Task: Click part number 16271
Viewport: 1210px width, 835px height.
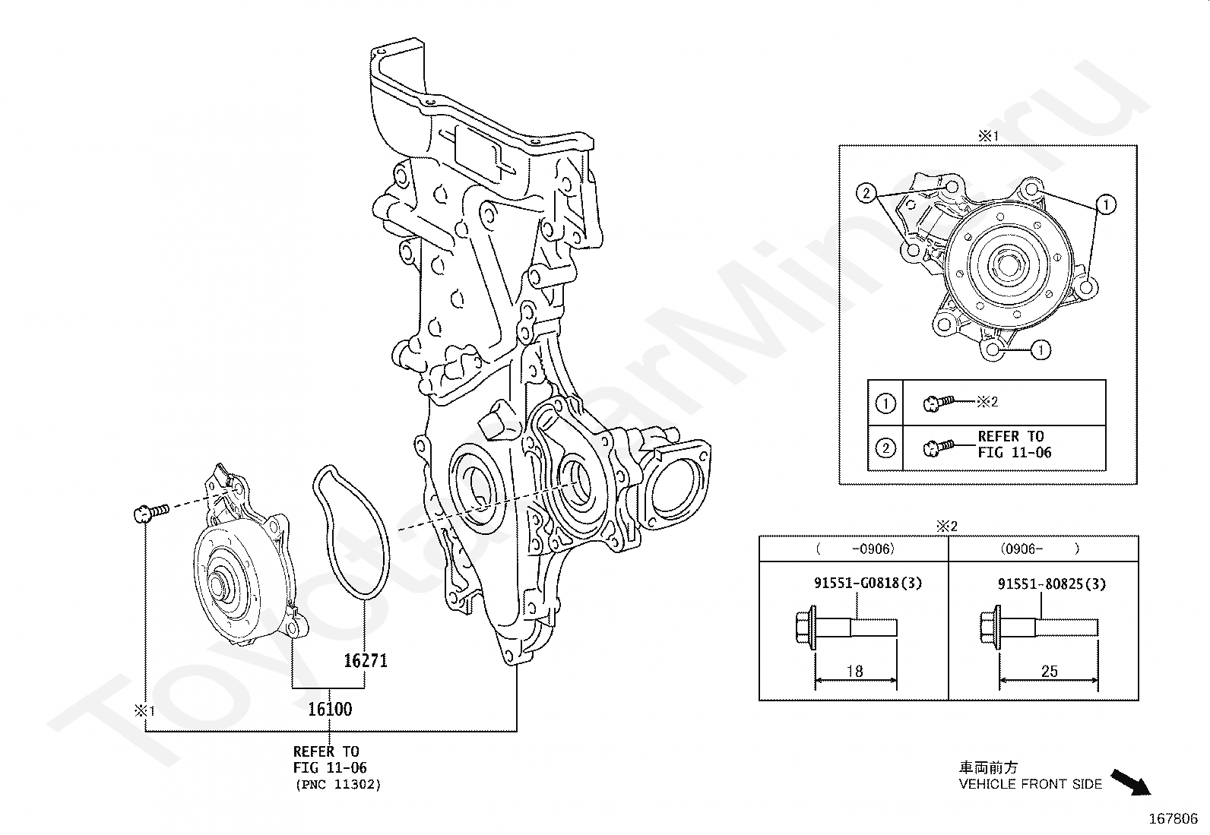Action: pyautogui.click(x=366, y=660)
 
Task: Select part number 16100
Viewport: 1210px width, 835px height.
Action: pyautogui.click(x=330, y=709)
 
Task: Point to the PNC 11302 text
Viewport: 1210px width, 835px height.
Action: pyautogui.click(x=338, y=784)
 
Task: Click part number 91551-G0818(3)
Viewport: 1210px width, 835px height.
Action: pyautogui.click(x=868, y=584)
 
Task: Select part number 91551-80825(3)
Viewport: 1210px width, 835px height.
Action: pyautogui.click(x=1052, y=584)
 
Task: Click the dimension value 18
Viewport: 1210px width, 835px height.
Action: pyautogui.click(x=854, y=671)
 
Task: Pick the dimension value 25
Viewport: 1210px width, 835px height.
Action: pyautogui.click(x=1049, y=671)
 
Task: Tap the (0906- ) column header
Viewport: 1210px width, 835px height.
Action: pyautogui.click(x=1040, y=549)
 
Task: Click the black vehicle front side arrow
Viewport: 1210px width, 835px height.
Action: pyautogui.click(x=1131, y=783)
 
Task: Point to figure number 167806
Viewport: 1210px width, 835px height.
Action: pyautogui.click(x=1174, y=819)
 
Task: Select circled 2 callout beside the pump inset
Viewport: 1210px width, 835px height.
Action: pyautogui.click(x=866, y=193)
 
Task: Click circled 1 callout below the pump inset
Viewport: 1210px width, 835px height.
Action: pyautogui.click(x=1041, y=349)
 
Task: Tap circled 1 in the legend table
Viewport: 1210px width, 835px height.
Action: pyautogui.click(x=885, y=403)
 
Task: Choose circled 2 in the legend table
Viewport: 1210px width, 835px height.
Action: pyautogui.click(x=885, y=448)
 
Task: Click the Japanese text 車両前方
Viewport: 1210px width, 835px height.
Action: pyautogui.click(x=988, y=767)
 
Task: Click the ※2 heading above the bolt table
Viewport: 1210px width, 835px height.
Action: pyautogui.click(x=946, y=526)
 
